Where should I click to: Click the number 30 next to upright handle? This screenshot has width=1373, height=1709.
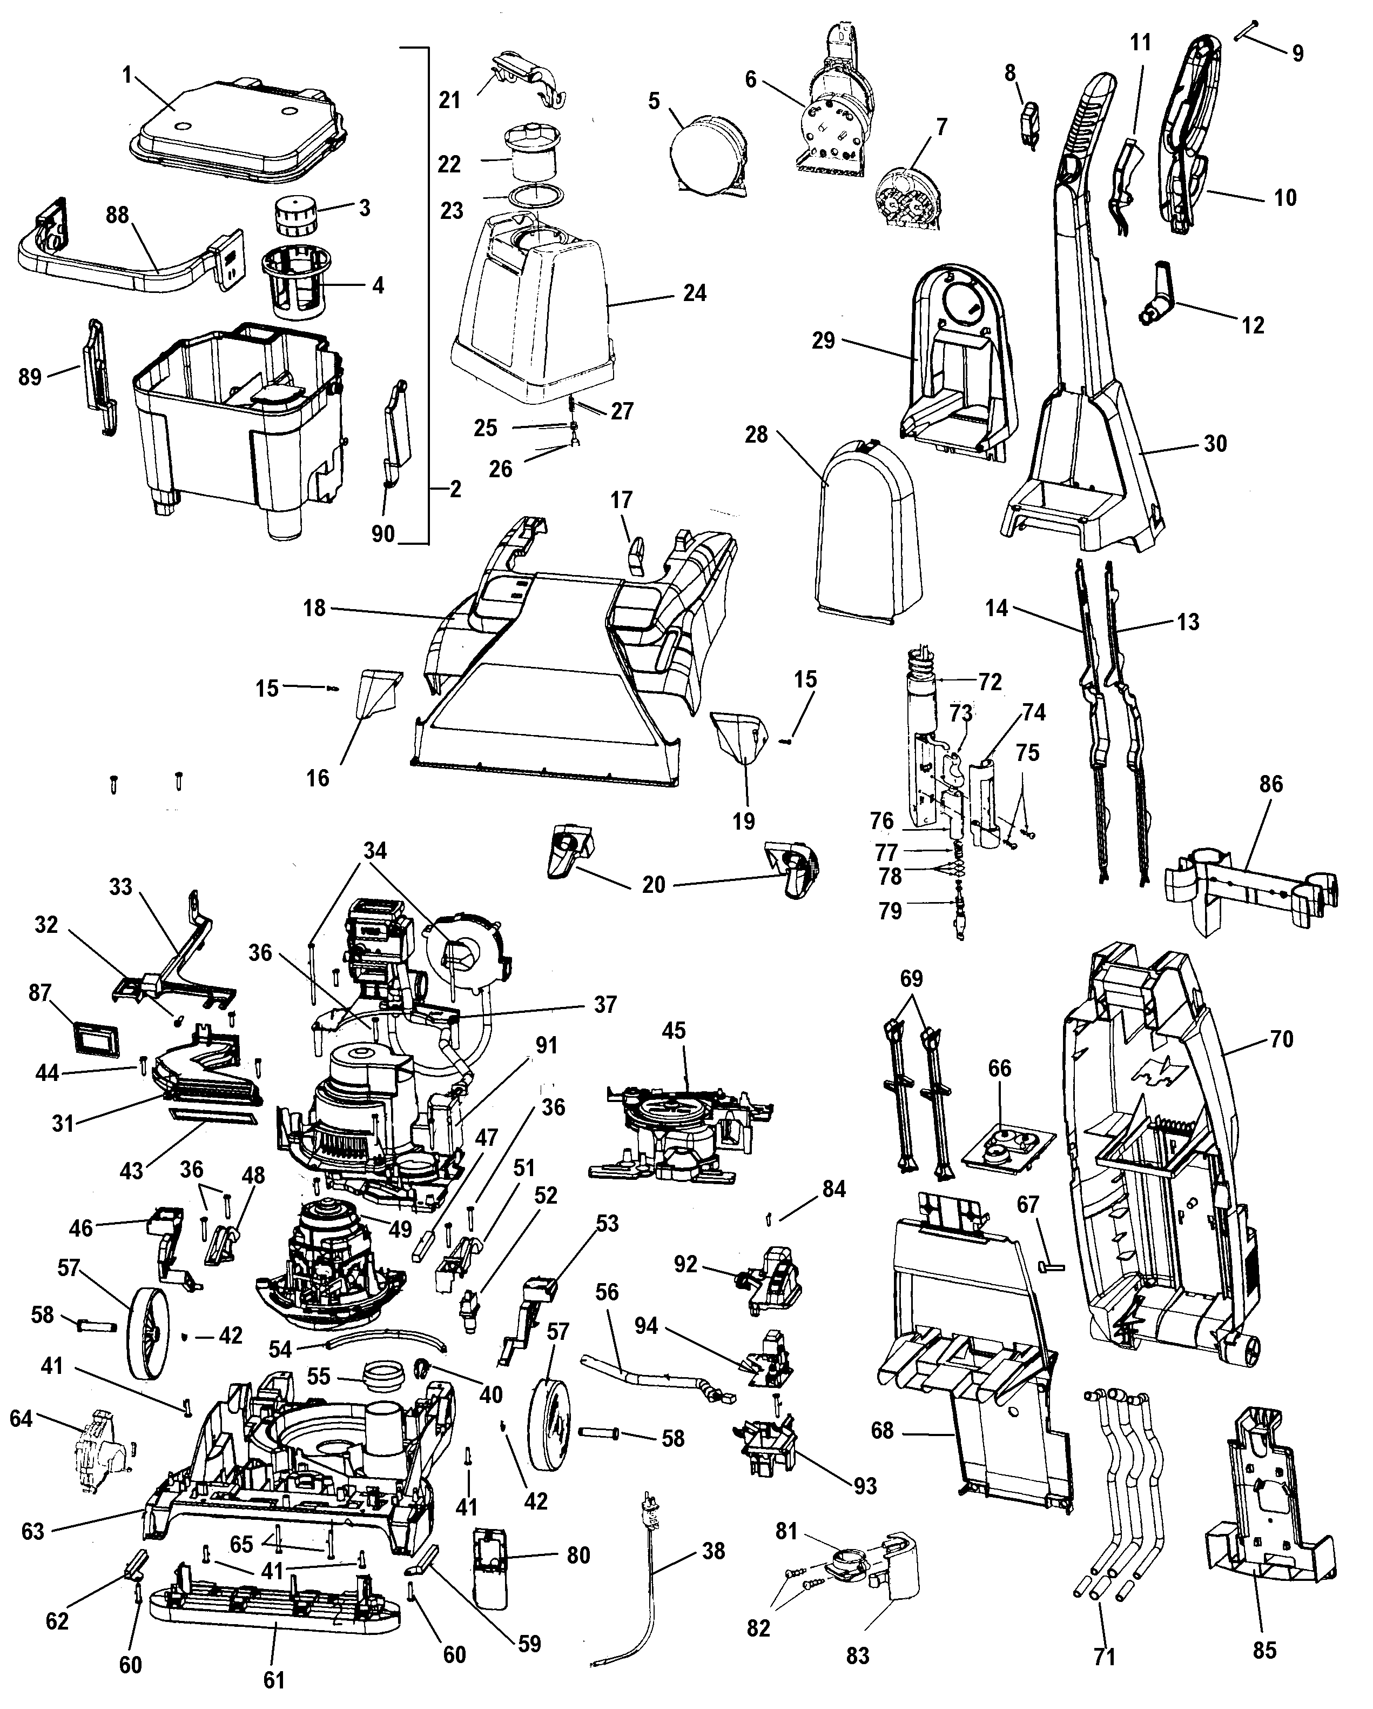pyautogui.click(x=1215, y=443)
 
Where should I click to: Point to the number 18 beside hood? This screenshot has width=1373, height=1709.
pyautogui.click(x=314, y=609)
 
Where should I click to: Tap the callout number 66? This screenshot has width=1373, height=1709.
pyautogui.click(x=999, y=1069)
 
